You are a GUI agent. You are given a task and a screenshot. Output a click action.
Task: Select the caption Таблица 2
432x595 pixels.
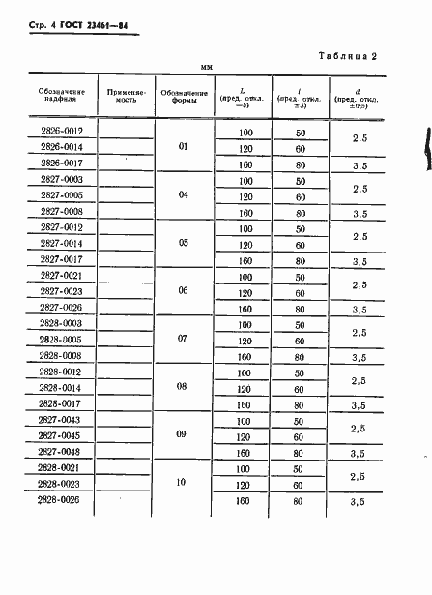click(x=343, y=56)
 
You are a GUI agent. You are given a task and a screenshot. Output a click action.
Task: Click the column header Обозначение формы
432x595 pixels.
click(x=182, y=95)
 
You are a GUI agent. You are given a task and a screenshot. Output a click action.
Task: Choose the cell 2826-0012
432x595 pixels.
click(x=61, y=131)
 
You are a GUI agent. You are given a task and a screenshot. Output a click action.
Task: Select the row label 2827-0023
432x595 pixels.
click(x=61, y=292)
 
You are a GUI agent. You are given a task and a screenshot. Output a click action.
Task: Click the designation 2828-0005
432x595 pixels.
click(x=61, y=340)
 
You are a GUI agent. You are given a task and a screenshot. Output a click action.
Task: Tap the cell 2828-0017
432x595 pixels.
click(x=61, y=403)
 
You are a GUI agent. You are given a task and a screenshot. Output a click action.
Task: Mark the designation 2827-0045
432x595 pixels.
click(x=61, y=435)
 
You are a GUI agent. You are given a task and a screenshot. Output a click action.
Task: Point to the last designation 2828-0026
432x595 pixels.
click(x=61, y=499)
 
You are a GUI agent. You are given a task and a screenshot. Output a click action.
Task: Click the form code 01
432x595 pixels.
click(x=183, y=147)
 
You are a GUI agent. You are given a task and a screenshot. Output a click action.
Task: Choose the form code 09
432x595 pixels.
click(x=183, y=435)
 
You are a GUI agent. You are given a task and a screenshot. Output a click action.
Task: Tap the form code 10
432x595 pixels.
click(x=183, y=483)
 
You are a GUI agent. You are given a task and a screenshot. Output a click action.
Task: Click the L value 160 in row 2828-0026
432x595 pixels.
click(x=245, y=500)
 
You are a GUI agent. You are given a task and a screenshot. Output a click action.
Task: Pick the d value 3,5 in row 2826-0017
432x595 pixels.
click(x=360, y=165)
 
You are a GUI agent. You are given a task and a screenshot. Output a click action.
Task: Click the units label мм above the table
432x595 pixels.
click(x=206, y=67)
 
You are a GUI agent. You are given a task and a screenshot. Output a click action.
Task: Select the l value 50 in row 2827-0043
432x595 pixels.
click(x=301, y=420)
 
